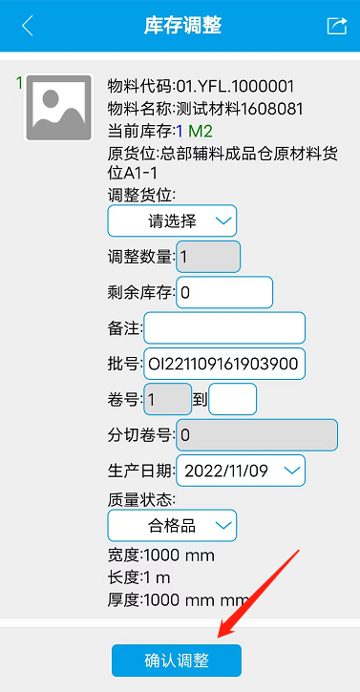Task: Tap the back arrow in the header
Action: point(28,26)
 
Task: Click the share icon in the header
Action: point(336,26)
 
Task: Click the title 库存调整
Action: point(183,26)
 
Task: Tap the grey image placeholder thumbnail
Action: point(58,108)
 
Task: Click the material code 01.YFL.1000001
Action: point(236,86)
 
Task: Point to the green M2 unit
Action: point(201,131)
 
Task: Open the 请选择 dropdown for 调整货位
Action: point(172,220)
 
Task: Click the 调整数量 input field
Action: point(208,257)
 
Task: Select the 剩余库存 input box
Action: point(224,292)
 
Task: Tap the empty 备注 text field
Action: point(224,328)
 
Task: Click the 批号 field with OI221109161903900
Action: point(224,364)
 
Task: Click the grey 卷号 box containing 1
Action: point(168,399)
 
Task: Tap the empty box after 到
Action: point(232,399)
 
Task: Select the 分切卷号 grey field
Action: point(257,435)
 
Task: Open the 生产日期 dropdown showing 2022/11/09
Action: point(241,471)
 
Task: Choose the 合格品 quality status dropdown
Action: point(172,526)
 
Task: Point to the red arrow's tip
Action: point(218,638)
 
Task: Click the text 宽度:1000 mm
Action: point(161,555)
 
